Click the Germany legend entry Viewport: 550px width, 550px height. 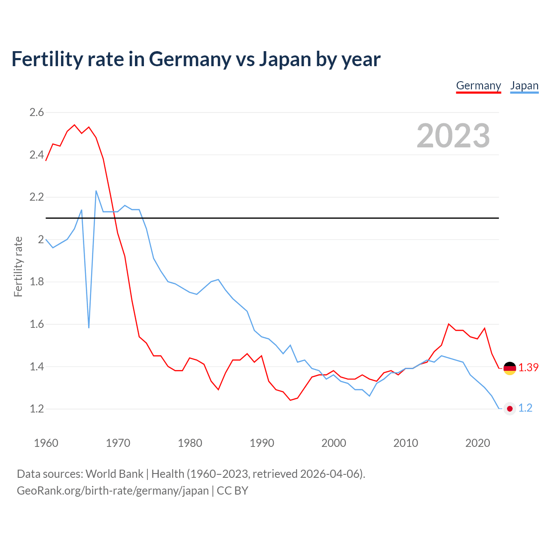tap(478, 86)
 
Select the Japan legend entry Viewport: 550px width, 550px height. tap(524, 86)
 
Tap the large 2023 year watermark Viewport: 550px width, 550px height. tap(453, 136)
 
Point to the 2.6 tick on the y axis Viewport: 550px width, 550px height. tap(37, 113)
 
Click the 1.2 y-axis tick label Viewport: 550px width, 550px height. tap(37, 409)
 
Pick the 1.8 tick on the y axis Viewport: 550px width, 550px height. tap(37, 282)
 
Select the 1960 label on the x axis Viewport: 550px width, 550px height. tap(46, 443)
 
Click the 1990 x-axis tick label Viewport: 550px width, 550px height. tap(262, 443)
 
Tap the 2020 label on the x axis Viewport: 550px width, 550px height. tap(477, 443)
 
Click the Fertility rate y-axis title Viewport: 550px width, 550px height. tap(18, 266)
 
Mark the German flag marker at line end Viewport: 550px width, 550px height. tap(510, 368)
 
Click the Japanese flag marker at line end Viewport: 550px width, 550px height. tap(510, 409)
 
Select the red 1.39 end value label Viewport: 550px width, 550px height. tap(528, 368)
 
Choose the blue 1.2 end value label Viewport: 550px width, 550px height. tap(525, 408)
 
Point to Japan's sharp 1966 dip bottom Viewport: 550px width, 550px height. tap(89, 327)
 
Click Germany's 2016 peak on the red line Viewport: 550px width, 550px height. tap(449, 324)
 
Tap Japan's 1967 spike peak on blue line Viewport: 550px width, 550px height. tap(96, 191)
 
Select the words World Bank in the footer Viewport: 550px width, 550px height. tap(114, 474)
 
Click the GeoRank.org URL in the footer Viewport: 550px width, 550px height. tap(113, 491)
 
